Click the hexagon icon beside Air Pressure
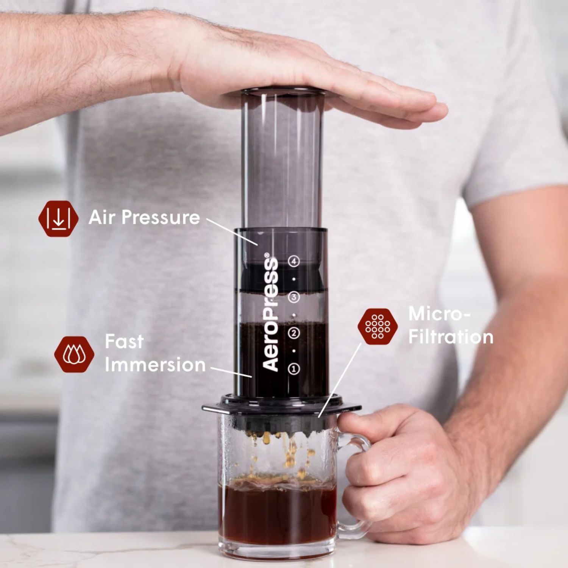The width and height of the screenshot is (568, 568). pyautogui.click(x=58, y=218)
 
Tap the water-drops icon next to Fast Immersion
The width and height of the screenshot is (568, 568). pyautogui.click(x=74, y=354)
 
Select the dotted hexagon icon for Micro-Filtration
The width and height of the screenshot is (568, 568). pyautogui.click(x=378, y=326)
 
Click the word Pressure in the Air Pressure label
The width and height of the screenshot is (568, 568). pyautogui.click(x=161, y=218)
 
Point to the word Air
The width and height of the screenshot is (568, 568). pyautogui.click(x=101, y=217)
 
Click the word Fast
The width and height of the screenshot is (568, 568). pyautogui.click(x=124, y=341)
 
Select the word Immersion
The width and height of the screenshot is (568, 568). pyautogui.click(x=155, y=365)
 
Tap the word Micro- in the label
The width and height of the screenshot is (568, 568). pyautogui.click(x=439, y=314)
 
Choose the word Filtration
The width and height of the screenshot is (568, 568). pyautogui.click(x=451, y=337)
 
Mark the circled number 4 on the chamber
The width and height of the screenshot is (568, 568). pyautogui.click(x=294, y=261)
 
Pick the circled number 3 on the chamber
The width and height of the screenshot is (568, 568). pyautogui.click(x=294, y=297)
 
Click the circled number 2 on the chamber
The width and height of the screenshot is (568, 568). pyautogui.click(x=294, y=333)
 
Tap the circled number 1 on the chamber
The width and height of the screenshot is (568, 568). pyautogui.click(x=294, y=368)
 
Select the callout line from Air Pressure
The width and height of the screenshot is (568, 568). pyautogui.click(x=232, y=231)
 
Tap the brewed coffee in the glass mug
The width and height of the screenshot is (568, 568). pyautogui.click(x=276, y=515)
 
